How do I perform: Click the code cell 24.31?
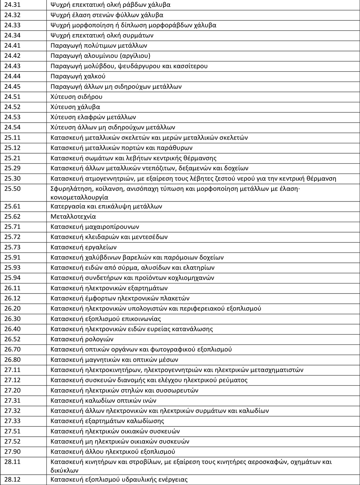(x=11, y=5)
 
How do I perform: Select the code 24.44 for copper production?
(x=11, y=76)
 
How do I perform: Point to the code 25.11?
(x=11, y=138)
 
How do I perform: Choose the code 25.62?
(x=11, y=216)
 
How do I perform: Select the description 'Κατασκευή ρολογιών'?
(x=82, y=339)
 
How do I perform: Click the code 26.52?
(x=11, y=339)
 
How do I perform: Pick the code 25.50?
(x=11, y=188)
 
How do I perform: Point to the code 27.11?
(x=11, y=370)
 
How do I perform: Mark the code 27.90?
(x=11, y=451)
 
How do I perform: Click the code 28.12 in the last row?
(x=11, y=480)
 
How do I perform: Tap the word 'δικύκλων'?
(x=64, y=470)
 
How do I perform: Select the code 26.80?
(x=11, y=359)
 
